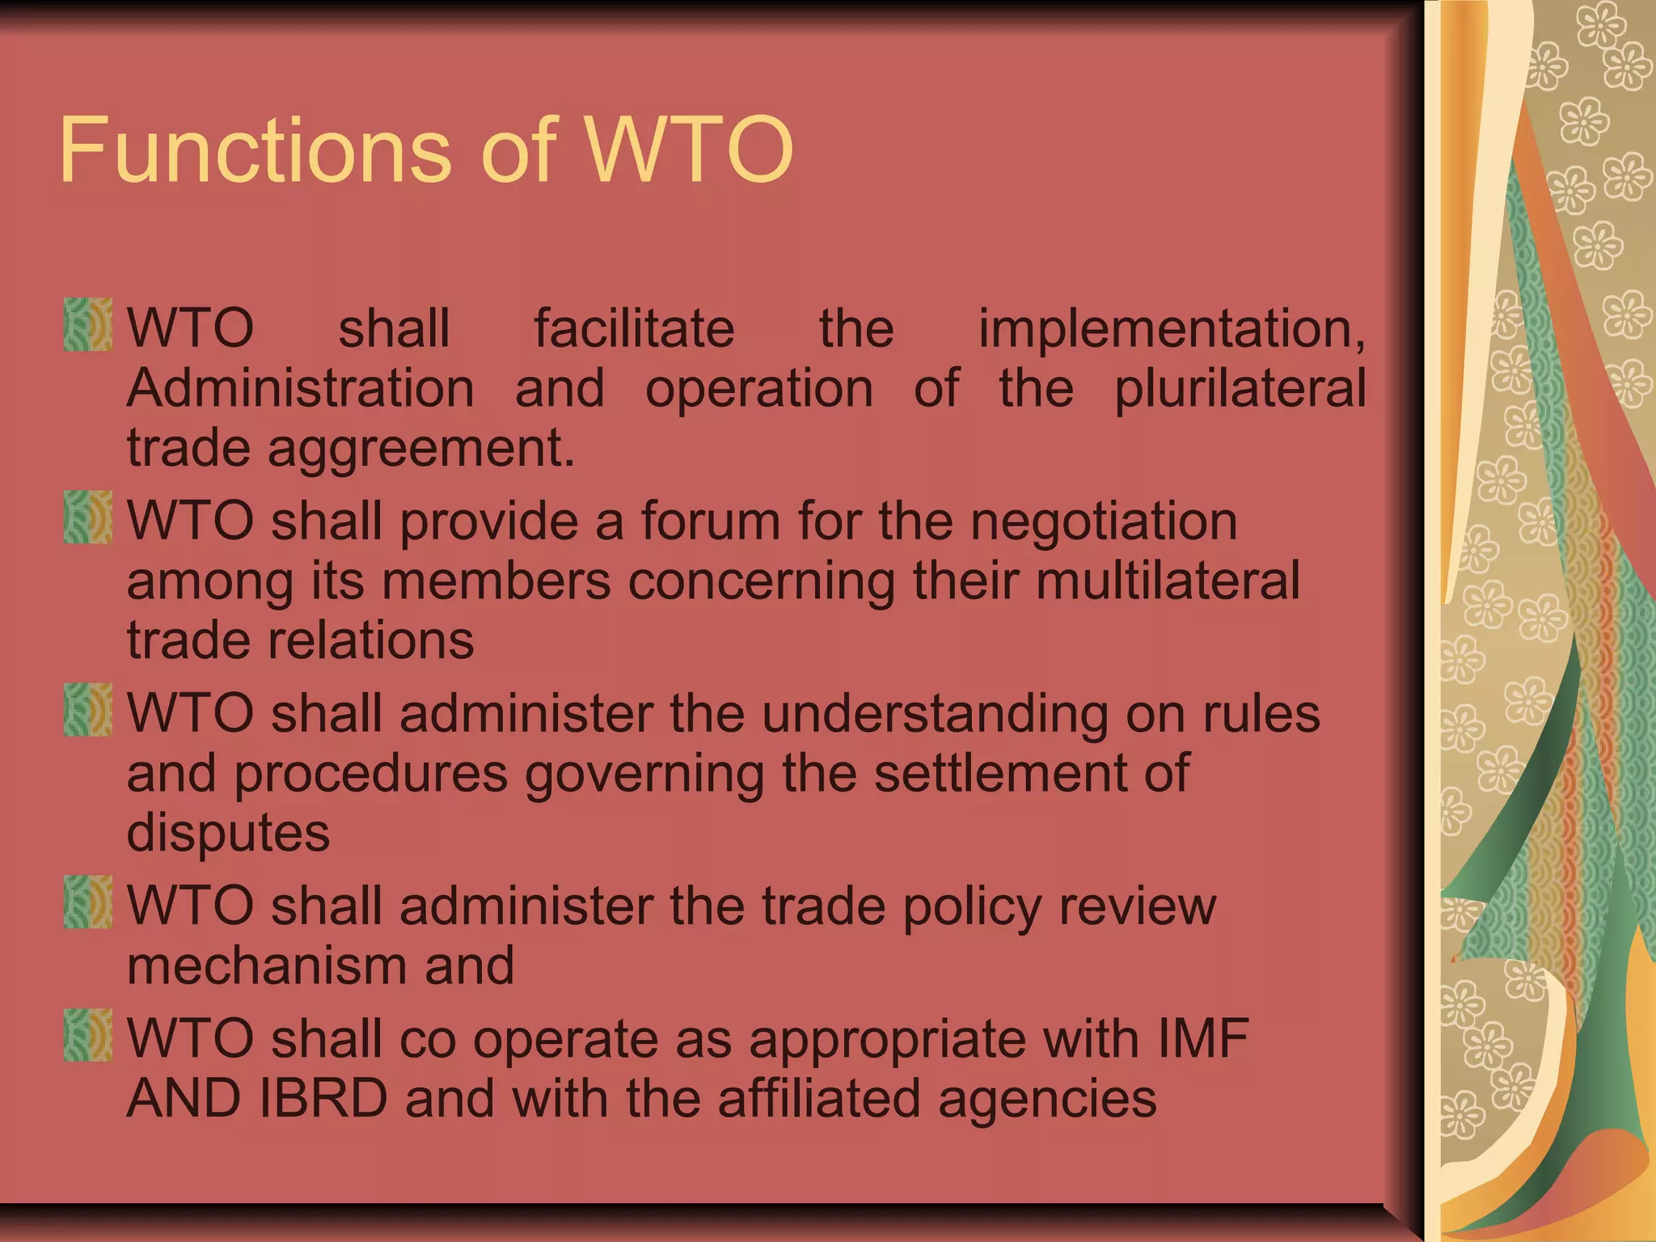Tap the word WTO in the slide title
688,150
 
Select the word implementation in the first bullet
1171,330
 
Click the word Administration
300,388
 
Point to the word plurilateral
1240,390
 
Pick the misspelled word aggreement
420,450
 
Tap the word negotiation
1104,522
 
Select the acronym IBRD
323,1098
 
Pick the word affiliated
818,1098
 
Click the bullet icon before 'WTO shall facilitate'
87,324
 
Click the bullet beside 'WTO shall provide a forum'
87,517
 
